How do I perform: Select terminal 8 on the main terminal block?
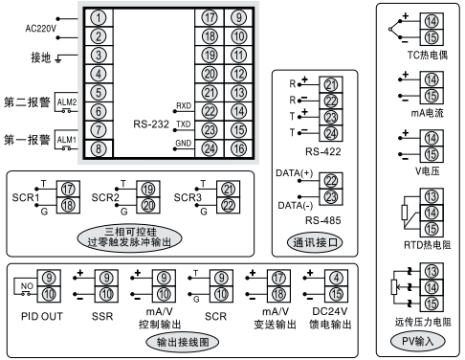pyautogui.click(x=100, y=147)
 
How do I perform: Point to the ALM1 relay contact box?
pyautogui.click(x=67, y=141)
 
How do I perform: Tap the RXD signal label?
pyautogui.click(x=184, y=106)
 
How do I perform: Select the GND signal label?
pyautogui.click(x=183, y=144)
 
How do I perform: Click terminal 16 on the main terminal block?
pyautogui.click(x=237, y=147)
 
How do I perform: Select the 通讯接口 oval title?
pyautogui.click(x=316, y=243)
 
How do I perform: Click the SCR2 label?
pyautogui.click(x=106, y=197)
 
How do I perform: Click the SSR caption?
pyautogui.click(x=100, y=313)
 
